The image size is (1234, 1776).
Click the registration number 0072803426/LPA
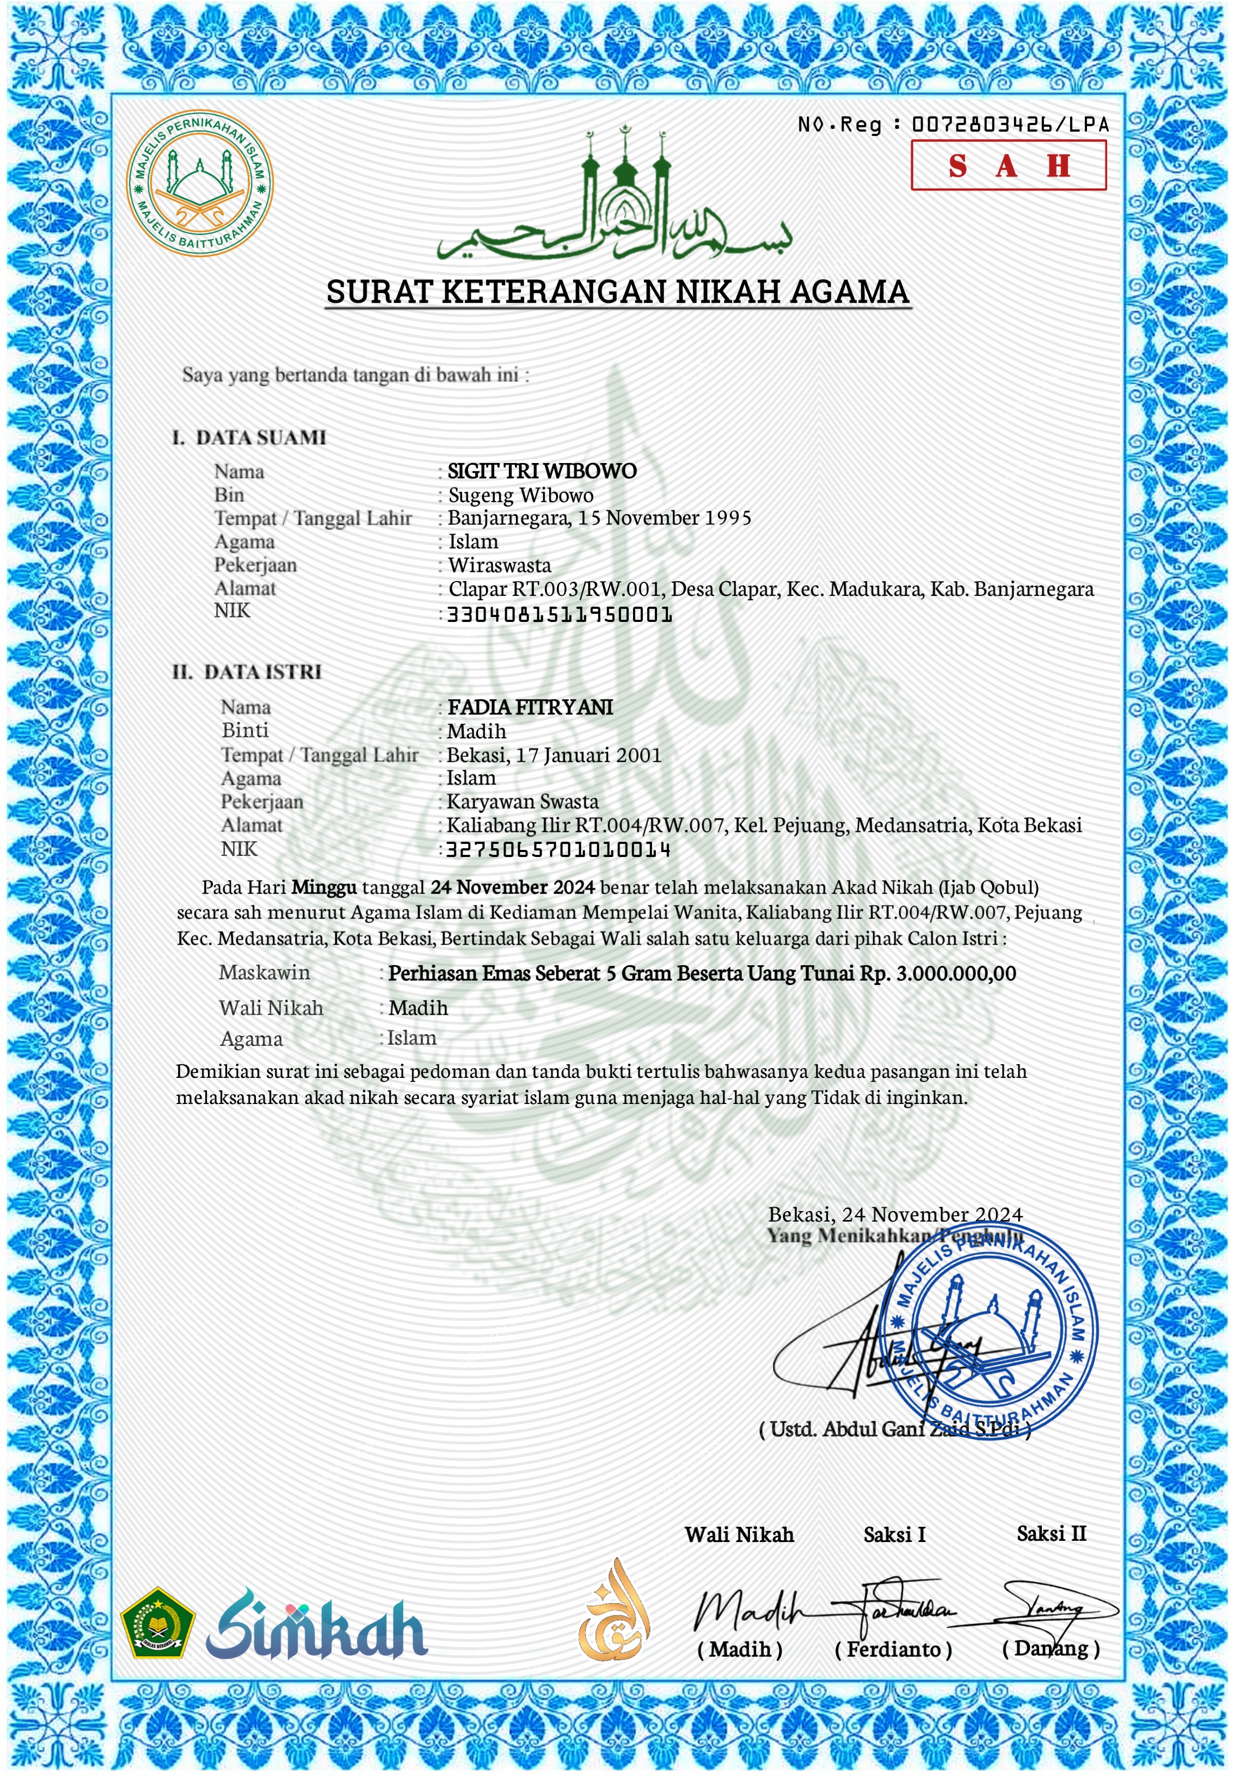(x=1010, y=125)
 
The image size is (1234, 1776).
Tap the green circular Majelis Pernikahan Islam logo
(x=199, y=183)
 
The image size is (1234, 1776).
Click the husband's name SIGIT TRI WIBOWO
(x=542, y=471)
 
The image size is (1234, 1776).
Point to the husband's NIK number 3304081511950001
(x=559, y=615)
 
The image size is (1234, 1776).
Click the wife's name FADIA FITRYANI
(x=530, y=707)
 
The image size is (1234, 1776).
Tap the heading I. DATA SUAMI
(x=249, y=438)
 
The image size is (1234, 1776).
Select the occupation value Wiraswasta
(x=500, y=565)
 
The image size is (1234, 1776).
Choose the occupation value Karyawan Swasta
(x=523, y=801)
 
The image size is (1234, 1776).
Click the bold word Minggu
(x=324, y=887)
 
